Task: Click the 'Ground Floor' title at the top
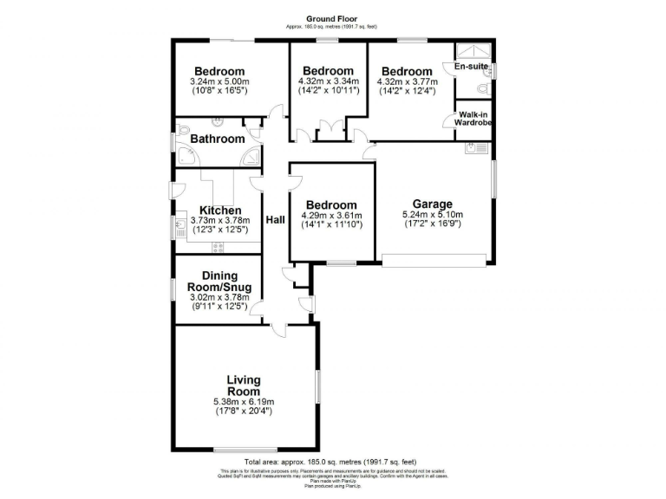tap(332, 19)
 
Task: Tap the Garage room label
tap(432, 204)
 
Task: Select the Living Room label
tap(244, 386)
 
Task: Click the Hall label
tap(275, 220)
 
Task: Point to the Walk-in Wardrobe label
tap(473, 119)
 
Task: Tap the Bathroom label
tap(217, 139)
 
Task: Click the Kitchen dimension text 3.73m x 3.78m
tap(219, 220)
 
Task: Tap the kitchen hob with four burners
tap(218, 247)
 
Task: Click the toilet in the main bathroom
tap(184, 132)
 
